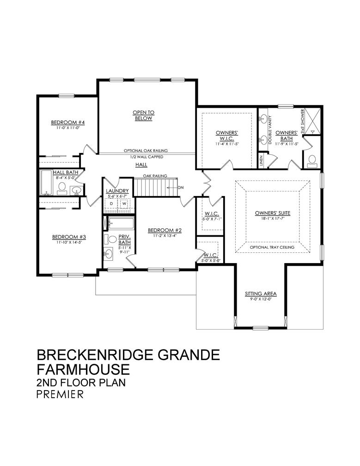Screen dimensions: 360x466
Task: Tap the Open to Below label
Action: tap(143, 115)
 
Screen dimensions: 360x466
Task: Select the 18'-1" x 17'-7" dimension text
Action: tap(273, 218)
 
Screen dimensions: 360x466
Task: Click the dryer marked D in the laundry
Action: tap(111, 204)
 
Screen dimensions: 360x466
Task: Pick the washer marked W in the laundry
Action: tap(124, 204)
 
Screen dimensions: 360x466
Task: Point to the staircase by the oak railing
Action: tap(156, 187)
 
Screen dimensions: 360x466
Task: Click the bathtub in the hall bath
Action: tap(47, 183)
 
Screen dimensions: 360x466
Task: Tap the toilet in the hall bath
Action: tap(62, 189)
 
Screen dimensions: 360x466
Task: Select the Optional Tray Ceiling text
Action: tap(272, 247)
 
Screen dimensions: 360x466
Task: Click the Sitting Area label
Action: tap(261, 294)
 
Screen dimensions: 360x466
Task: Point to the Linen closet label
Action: tap(261, 161)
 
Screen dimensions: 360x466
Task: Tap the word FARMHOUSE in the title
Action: tap(83, 369)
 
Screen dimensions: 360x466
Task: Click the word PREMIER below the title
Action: tap(60, 394)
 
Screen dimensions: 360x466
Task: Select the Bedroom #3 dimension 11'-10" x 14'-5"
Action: tap(69, 242)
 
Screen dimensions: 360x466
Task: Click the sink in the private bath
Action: tap(109, 254)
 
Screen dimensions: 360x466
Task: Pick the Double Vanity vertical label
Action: tap(270, 130)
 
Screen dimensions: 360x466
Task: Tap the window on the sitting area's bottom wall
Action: tap(260, 328)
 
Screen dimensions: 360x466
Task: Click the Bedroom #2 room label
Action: tap(165, 230)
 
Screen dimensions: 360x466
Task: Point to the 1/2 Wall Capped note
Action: tap(146, 157)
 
